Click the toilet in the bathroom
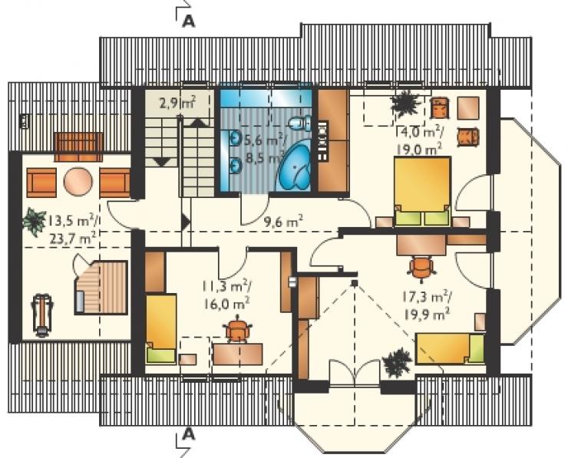pos(300,123)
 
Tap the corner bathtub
pos(294,166)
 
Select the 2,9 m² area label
pos(177,104)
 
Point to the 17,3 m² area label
pos(426,297)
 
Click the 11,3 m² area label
pos(228,286)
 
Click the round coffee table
pos(78,182)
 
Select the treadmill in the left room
pos(42,315)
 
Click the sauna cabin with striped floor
pos(101,287)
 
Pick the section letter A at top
pos(188,21)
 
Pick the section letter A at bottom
pos(188,434)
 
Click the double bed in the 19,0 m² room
pos(423,192)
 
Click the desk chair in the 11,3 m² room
pos(237,329)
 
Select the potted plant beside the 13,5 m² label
pos(34,222)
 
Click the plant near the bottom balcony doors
pos(398,362)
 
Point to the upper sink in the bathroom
pos(235,138)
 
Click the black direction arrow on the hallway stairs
pos(186,222)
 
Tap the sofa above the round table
pos(78,147)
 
